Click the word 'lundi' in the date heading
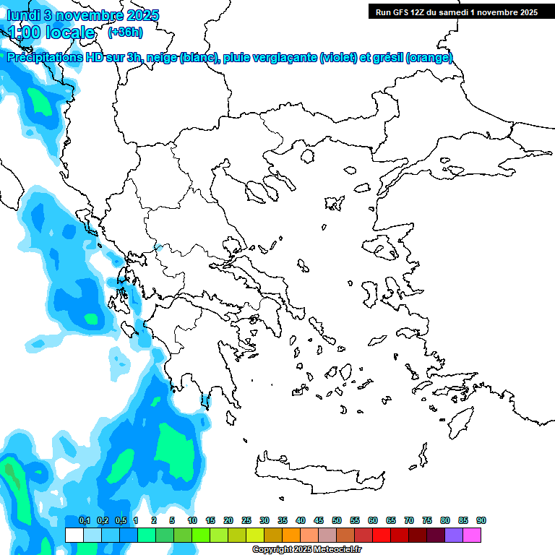click(x=23, y=15)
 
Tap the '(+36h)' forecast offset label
click(x=125, y=32)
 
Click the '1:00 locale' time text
click(x=51, y=33)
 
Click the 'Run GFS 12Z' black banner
click(x=455, y=12)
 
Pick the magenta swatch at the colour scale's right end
click(x=472, y=535)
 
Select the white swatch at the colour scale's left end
click(x=74, y=535)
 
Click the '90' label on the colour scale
click(x=481, y=520)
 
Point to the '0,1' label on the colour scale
click(x=84, y=520)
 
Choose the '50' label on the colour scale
click(x=337, y=520)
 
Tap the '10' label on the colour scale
click(x=192, y=520)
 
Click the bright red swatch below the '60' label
click(x=382, y=535)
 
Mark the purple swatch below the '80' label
click(x=454, y=535)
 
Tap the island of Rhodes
click(x=460, y=420)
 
